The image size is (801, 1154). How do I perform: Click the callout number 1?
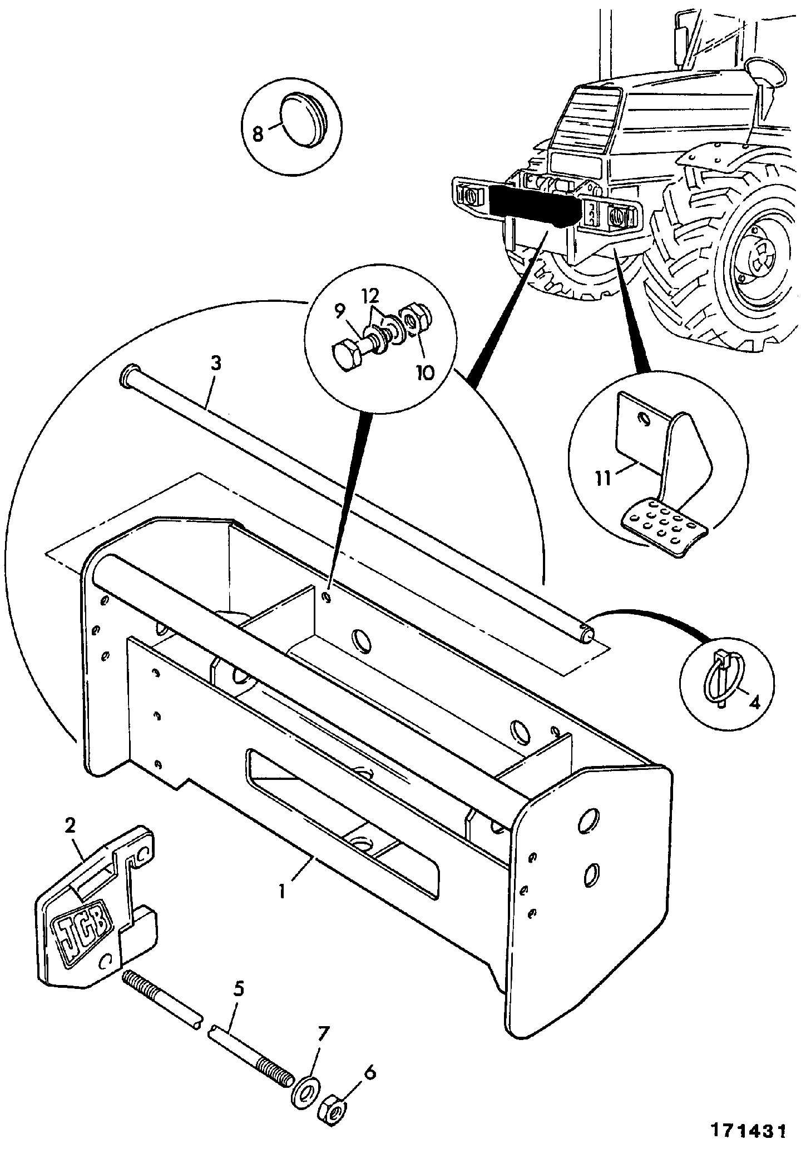pyautogui.click(x=282, y=893)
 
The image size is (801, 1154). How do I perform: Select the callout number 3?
pyautogui.click(x=216, y=364)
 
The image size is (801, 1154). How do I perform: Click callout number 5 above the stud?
pyautogui.click(x=238, y=989)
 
